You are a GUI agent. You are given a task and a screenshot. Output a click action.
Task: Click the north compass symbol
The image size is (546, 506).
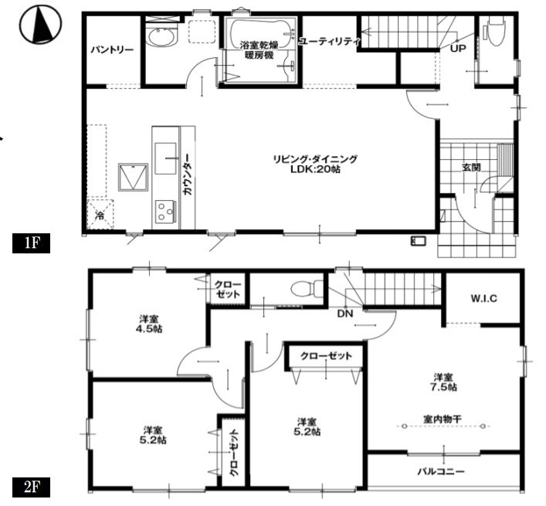tap(40, 24)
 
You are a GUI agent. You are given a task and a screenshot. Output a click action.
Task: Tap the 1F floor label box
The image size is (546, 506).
tap(32, 243)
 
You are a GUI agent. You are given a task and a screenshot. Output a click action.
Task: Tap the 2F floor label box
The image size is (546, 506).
tap(32, 487)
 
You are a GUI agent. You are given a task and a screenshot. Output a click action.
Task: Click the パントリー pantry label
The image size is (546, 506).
tap(112, 49)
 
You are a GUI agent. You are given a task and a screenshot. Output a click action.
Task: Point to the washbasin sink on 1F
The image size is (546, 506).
tap(161, 37)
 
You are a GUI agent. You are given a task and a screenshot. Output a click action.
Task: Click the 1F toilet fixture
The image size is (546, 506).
tap(497, 32)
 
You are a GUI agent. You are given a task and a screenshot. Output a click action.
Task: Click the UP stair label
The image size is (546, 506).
tap(458, 49)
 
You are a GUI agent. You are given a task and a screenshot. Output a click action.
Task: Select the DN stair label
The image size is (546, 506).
tap(344, 314)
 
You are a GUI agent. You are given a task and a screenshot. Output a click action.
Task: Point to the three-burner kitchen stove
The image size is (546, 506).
tap(164, 211)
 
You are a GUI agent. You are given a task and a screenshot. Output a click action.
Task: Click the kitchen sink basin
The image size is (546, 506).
tap(165, 158)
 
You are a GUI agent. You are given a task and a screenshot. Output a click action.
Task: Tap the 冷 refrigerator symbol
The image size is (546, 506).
tap(100, 214)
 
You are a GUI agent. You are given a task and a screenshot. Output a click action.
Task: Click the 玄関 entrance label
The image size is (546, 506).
tap(471, 168)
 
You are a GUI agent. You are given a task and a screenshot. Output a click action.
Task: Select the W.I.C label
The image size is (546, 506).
tap(484, 298)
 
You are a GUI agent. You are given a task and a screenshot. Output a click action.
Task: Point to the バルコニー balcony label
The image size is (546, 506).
tap(441, 472)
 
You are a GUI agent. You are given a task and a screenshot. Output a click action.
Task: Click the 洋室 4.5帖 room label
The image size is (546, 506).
tap(149, 324)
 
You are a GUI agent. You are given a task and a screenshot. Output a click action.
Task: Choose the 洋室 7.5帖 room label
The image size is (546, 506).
tap(443, 382)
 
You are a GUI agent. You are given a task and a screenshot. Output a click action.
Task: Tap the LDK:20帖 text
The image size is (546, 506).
tap(316, 169)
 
